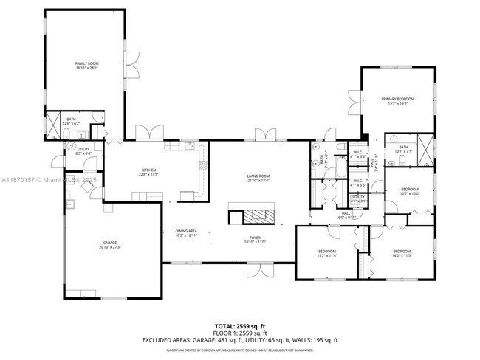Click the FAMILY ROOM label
tap(86, 66)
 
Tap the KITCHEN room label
tap(148, 172)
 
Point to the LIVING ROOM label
tap(258, 177)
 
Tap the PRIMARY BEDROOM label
tap(397, 101)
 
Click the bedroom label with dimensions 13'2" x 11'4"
tap(326, 253)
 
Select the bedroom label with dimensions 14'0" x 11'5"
tap(402, 253)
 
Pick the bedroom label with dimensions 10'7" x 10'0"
tap(409, 192)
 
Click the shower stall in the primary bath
tap(425, 145)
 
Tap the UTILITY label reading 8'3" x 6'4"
tap(83, 151)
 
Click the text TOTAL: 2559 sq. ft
tap(239, 325)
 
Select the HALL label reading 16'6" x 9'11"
tap(346, 216)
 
